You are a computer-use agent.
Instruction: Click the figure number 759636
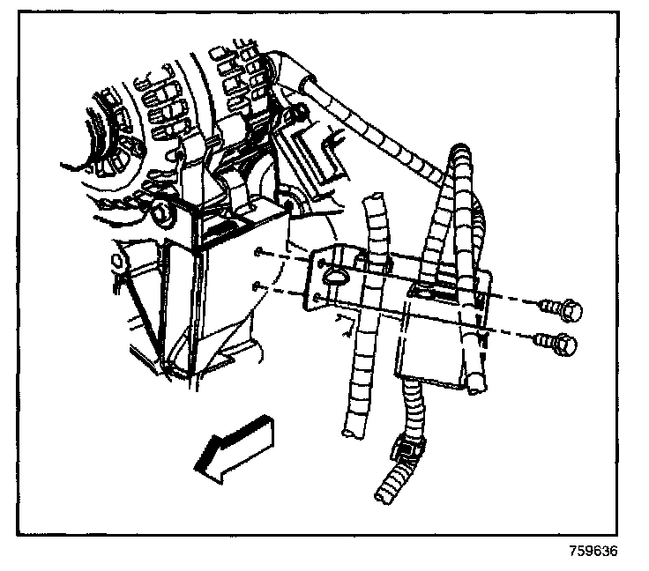click(x=593, y=551)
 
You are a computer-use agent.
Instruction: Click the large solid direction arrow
click(x=235, y=449)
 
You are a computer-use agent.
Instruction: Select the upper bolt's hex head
click(x=571, y=310)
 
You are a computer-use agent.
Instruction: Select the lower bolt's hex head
click(x=566, y=344)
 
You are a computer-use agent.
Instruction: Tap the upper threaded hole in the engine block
click(x=258, y=251)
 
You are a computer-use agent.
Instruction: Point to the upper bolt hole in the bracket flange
click(x=321, y=263)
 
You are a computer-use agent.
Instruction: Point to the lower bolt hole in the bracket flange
click(x=317, y=297)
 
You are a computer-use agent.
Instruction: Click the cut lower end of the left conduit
click(x=352, y=433)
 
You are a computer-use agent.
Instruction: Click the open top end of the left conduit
click(x=374, y=197)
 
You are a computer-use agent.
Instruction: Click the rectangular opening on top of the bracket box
click(x=433, y=293)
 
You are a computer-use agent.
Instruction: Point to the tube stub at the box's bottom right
click(x=476, y=382)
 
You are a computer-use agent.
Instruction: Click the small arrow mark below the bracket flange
click(x=346, y=325)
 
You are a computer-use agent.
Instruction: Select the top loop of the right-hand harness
click(x=460, y=150)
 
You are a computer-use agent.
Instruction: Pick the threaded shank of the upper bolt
click(x=550, y=307)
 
